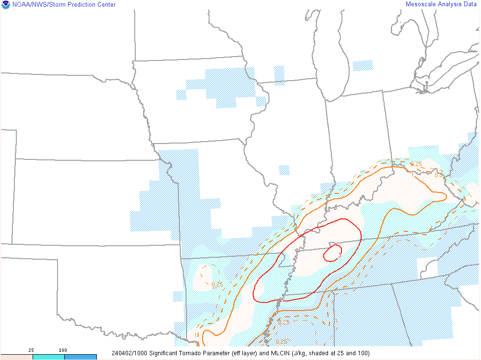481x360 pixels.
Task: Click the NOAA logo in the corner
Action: click(5, 5)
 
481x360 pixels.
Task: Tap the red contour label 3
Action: click(340, 255)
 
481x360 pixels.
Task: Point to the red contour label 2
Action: click(281, 300)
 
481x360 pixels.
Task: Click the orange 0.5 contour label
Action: click(438, 175)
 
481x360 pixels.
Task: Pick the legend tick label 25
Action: click(31, 350)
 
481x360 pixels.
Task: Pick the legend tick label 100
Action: click(63, 350)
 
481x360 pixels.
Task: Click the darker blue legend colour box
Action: click(81, 357)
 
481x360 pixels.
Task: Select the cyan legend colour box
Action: click(48, 357)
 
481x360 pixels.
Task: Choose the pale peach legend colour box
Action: click(16, 357)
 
